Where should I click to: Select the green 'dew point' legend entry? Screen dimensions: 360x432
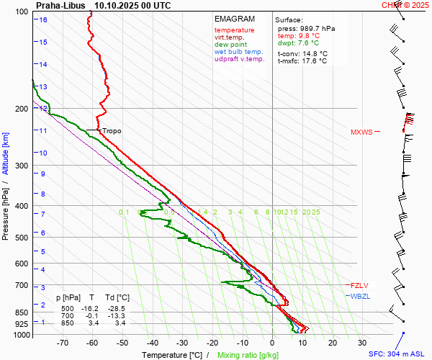click(230, 45)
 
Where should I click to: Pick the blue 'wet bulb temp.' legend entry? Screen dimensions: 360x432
click(238, 52)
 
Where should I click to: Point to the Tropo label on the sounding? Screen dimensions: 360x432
click(112, 131)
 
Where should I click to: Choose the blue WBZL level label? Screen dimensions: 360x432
click(360, 296)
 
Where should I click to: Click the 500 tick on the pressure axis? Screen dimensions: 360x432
click(21, 238)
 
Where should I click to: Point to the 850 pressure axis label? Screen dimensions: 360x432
click(21, 312)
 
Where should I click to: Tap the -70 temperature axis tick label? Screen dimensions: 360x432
click(62, 343)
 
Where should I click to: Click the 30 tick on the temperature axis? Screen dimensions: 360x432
click(361, 343)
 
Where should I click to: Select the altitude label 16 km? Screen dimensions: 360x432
click(43, 19)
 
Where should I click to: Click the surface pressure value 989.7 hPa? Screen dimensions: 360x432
click(306, 28)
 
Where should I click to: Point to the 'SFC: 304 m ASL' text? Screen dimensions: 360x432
click(397, 354)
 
